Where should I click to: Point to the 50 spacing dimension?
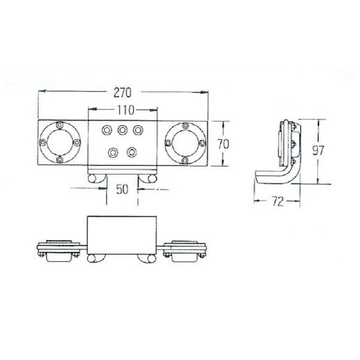pos(122,189)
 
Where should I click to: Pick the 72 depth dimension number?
pos(277,202)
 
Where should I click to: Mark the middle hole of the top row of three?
pos(122,130)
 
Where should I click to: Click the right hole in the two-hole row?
pos(132,151)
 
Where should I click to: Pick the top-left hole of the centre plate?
pos(107,130)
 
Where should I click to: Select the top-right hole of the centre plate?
pos(138,130)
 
